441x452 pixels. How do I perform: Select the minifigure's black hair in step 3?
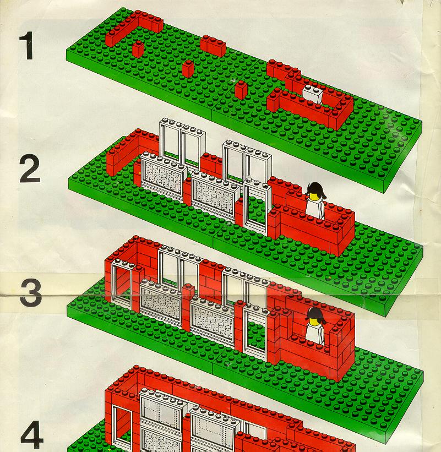click(316, 315)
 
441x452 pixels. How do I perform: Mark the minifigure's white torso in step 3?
click(315, 334)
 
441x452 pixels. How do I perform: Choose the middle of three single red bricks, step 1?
click(188, 69)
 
